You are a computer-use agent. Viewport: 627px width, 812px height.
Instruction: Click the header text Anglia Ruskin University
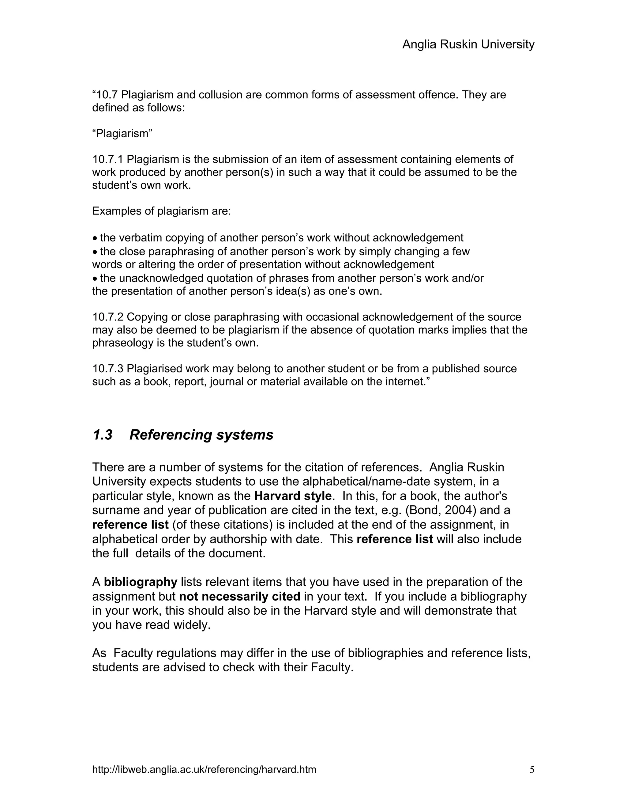pyautogui.click(x=468, y=45)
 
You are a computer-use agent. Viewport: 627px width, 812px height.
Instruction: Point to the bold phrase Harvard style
pyautogui.click(x=293, y=496)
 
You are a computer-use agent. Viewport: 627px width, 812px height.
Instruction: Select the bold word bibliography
pyautogui.click(x=141, y=582)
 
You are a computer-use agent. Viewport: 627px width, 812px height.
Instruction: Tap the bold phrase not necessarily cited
pyautogui.click(x=240, y=596)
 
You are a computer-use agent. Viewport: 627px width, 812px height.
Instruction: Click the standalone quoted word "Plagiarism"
pyautogui.click(x=122, y=134)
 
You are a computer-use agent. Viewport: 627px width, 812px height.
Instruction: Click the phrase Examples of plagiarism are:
pyautogui.click(x=162, y=211)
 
